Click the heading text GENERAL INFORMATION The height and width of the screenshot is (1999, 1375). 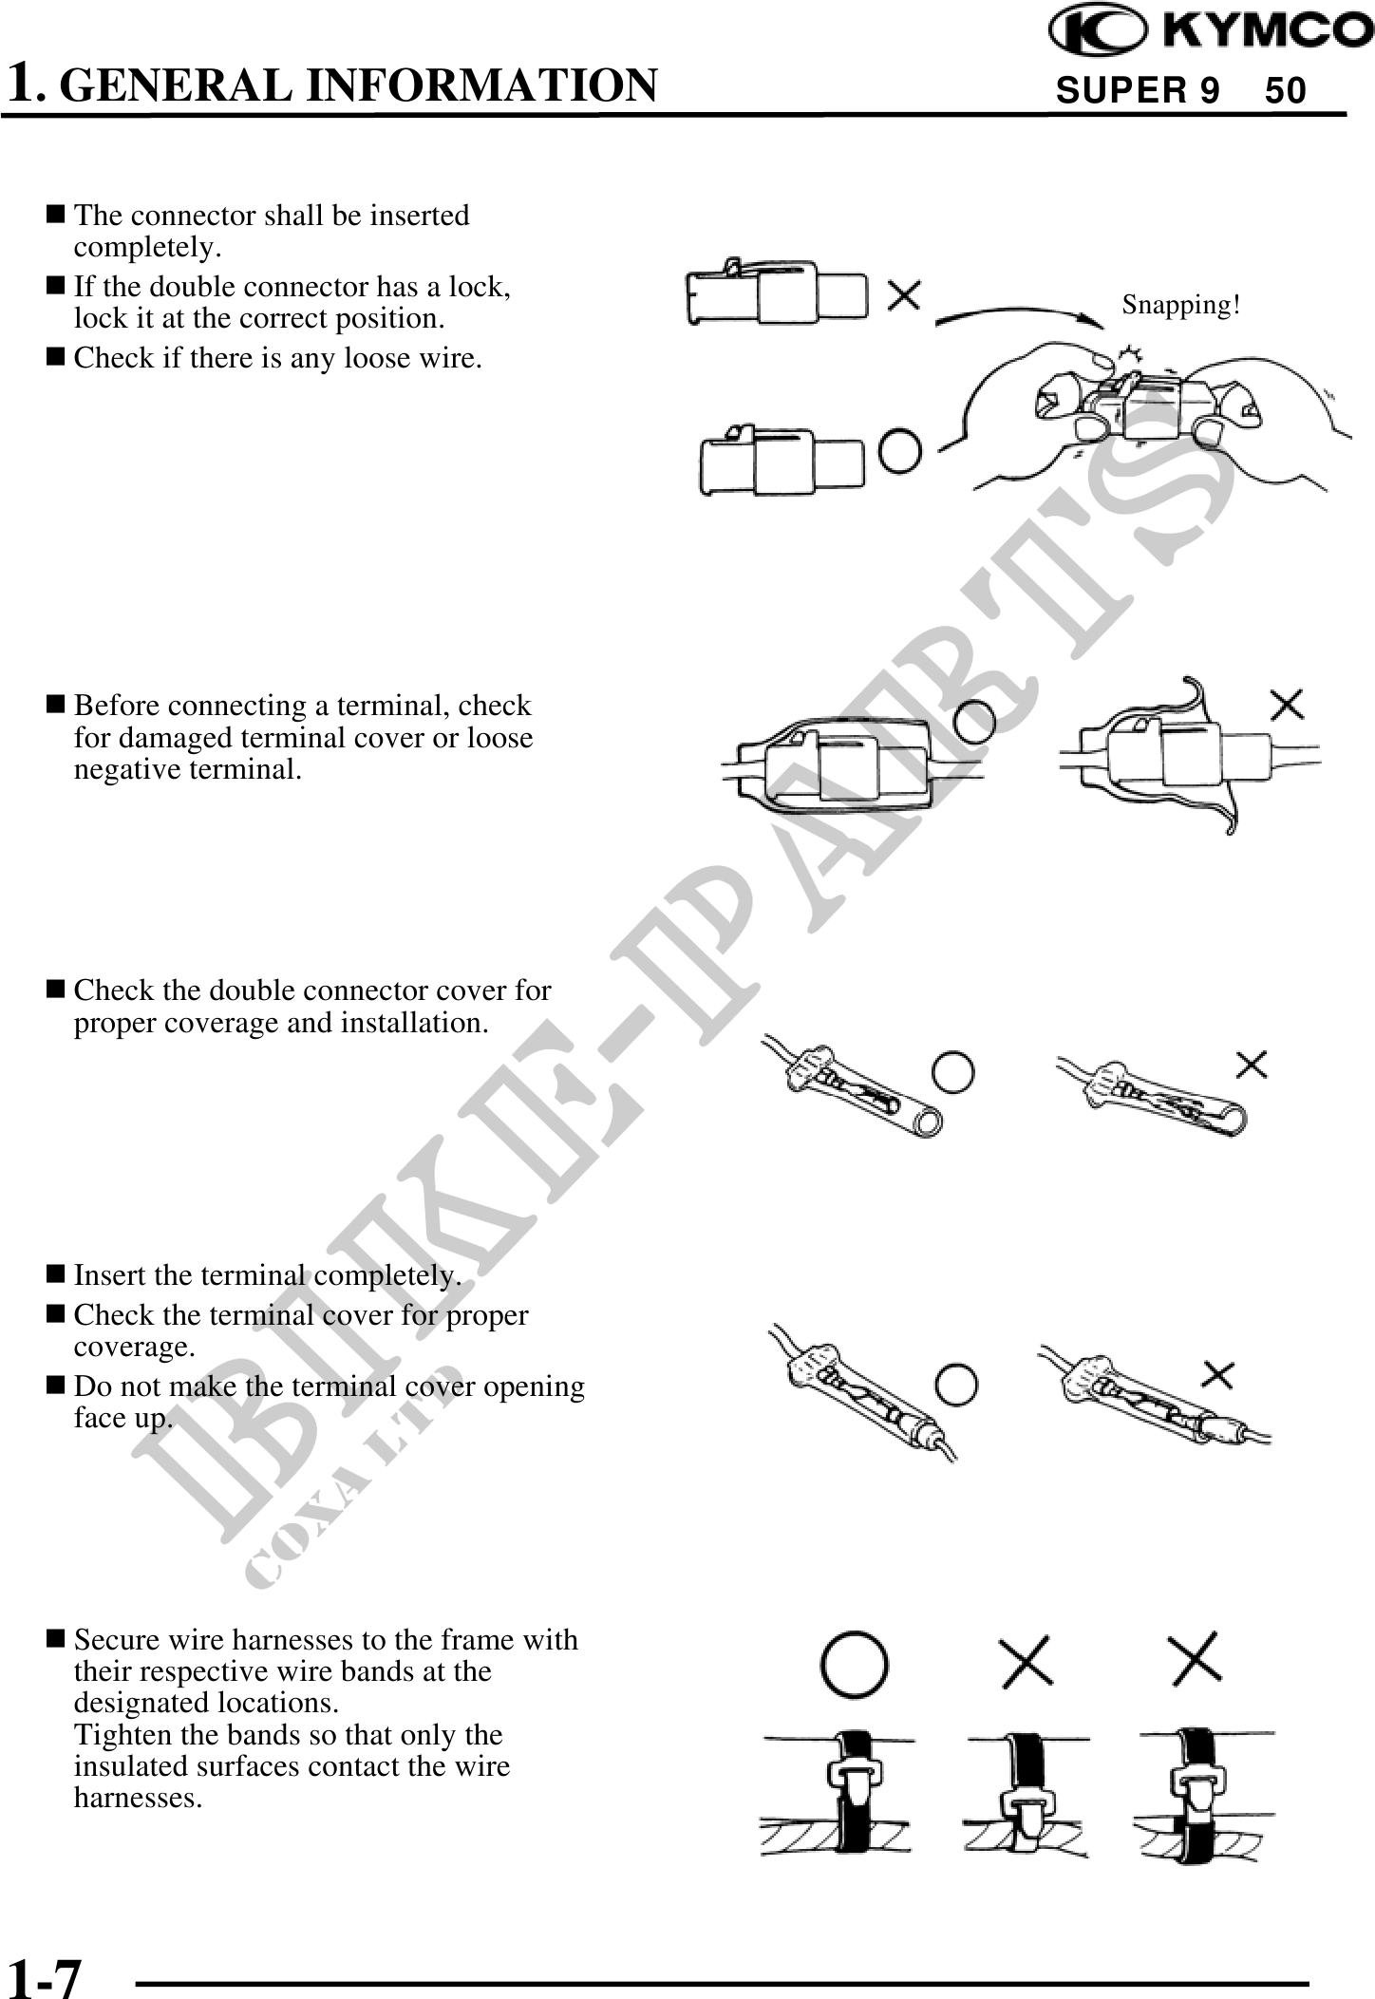tap(364, 85)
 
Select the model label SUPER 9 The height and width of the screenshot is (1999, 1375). tap(1138, 91)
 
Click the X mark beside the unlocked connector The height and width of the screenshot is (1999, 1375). tap(903, 295)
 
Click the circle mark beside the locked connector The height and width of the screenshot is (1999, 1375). tap(899, 450)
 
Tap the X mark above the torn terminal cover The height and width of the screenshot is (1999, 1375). tap(1287, 706)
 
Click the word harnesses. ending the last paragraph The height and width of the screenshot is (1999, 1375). tap(138, 1798)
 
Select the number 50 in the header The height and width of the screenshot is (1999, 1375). tap(1286, 91)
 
